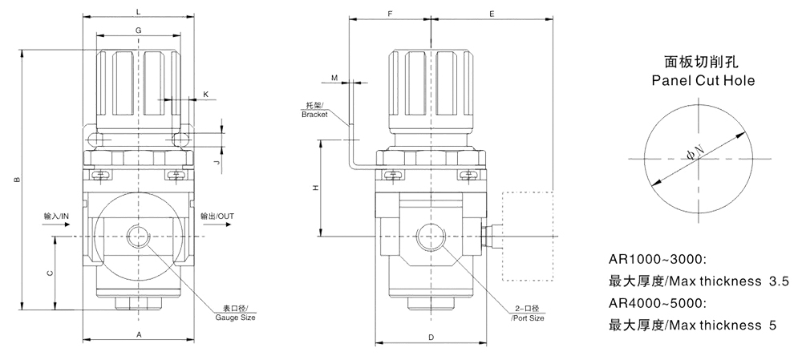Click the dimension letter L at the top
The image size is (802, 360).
(139, 11)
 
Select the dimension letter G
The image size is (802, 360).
(139, 30)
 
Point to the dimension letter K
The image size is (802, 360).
(205, 95)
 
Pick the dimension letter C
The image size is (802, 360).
(50, 273)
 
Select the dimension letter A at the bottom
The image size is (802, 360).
(139, 333)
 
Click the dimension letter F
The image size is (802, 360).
(390, 14)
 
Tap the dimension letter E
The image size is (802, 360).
(492, 14)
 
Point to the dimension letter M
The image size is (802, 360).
(334, 78)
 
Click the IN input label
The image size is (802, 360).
(59, 216)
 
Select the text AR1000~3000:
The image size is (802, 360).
(657, 260)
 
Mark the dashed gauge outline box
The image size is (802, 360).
(528, 236)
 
